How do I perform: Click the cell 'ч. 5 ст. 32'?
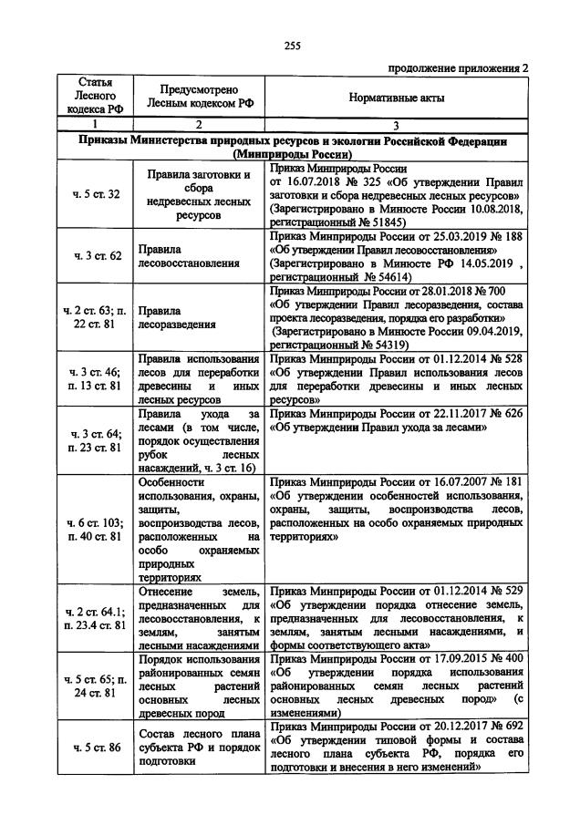coord(95,194)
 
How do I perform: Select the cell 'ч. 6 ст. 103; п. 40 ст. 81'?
coord(95,530)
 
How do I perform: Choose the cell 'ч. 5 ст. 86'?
coord(95,748)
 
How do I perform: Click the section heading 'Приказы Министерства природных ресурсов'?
coord(291,142)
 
